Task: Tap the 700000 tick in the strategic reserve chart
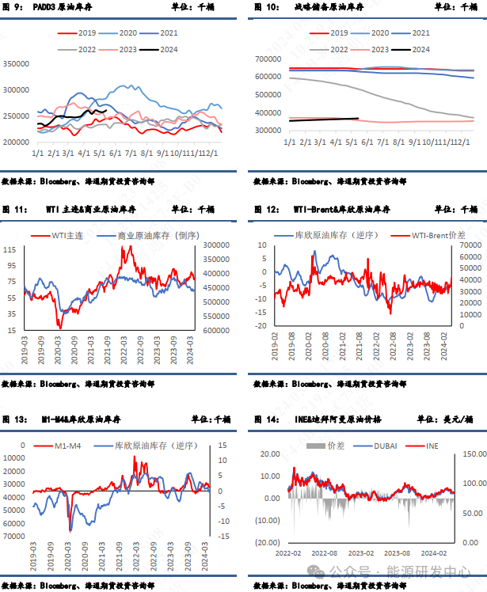(x=270, y=59)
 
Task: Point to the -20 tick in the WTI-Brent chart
(x=260, y=325)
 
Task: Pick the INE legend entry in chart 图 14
(x=432, y=446)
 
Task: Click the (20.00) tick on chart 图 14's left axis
(x=267, y=542)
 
